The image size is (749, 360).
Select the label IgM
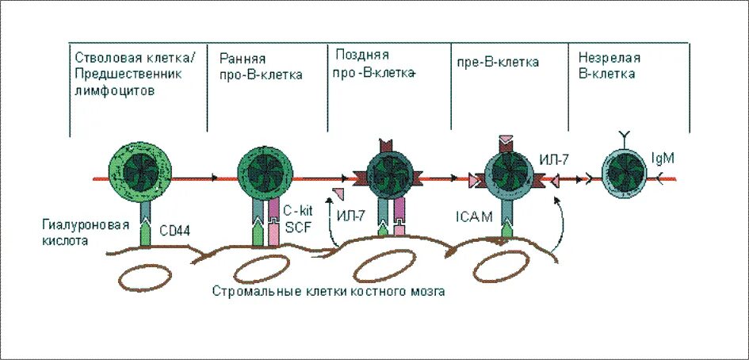pyautogui.click(x=663, y=159)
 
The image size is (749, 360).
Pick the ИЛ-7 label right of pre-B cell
pyautogui.click(x=552, y=160)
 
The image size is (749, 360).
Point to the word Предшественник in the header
pyautogui.click(x=129, y=74)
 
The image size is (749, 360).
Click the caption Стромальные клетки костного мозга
pyautogui.click(x=328, y=292)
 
